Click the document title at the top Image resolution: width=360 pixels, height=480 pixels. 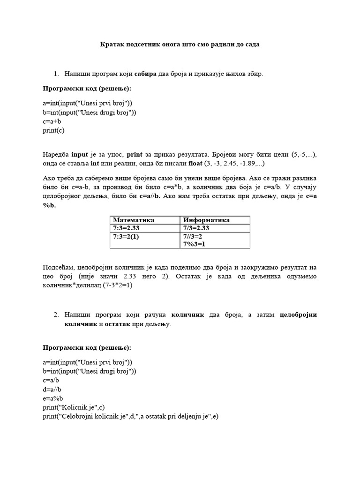pos(180,45)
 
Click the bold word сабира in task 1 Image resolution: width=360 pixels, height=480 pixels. pos(145,74)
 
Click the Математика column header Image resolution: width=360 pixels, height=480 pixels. pos(134,220)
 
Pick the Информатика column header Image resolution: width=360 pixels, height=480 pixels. pos(206,220)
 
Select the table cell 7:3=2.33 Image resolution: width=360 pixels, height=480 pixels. pos(127,228)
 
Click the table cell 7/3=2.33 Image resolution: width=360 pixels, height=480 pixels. pos(196,228)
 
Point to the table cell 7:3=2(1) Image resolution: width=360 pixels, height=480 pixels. pos(126,237)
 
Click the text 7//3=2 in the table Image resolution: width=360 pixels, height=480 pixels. pos(193,237)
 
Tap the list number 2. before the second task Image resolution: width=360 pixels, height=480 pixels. pos(56,315)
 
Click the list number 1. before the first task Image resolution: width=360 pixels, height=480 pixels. pos(56,74)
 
